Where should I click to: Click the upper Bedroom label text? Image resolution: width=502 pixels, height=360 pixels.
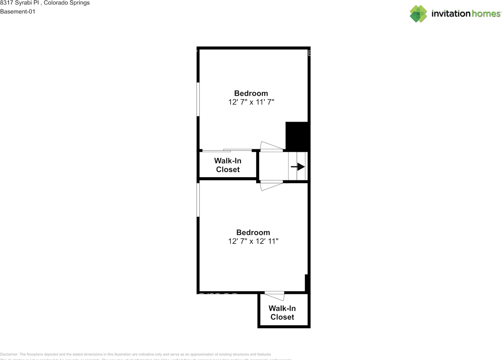pos(251,93)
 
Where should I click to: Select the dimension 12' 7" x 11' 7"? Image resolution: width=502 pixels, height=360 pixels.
pos(251,102)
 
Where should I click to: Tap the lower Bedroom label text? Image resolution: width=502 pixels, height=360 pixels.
pos(253,233)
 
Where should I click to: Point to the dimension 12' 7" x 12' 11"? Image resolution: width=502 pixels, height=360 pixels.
pos(253,241)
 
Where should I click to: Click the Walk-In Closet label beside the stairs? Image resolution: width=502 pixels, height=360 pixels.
pos(227,165)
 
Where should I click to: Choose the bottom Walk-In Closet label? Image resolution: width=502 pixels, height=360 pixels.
pos(282,313)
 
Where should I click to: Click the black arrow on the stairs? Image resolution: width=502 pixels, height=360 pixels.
pos(298,167)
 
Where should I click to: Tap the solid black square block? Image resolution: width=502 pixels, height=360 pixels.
pos(297,136)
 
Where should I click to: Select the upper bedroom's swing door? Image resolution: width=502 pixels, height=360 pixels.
pos(271,146)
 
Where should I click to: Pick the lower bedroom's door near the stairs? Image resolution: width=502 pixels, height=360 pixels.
pos(271,185)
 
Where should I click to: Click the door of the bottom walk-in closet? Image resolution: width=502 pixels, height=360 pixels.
pos(275,296)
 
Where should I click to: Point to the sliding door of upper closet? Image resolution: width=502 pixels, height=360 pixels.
pos(227,150)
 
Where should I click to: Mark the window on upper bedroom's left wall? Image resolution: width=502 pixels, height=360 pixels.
pos(198,99)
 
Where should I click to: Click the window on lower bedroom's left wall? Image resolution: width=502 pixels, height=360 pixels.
pos(198,200)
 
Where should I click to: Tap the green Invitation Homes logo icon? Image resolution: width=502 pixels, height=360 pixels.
pos(418,14)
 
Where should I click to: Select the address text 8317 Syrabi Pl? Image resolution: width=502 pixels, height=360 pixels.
pos(19,3)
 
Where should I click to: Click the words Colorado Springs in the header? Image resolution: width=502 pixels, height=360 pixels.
pos(67,3)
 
